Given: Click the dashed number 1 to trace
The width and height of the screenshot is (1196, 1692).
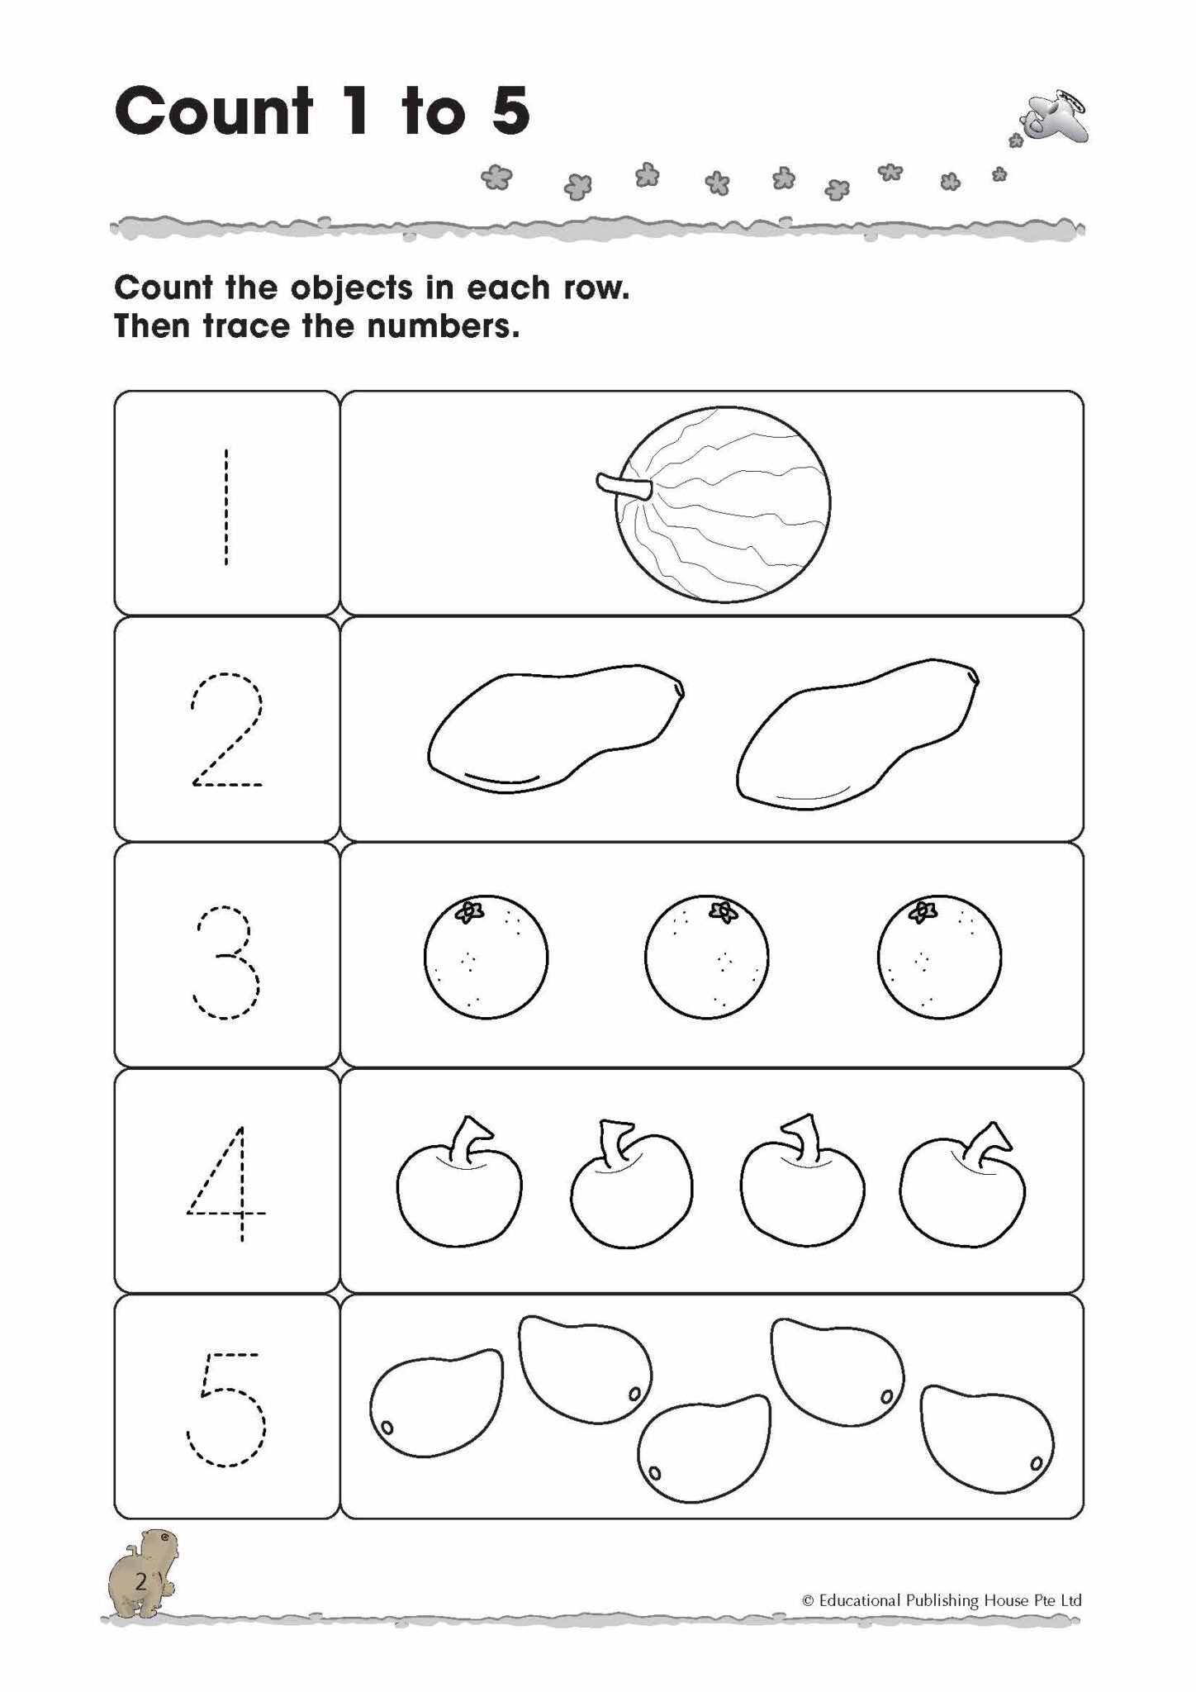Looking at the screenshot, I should click(225, 506).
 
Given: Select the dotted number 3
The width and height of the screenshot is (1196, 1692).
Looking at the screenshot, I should click(226, 962).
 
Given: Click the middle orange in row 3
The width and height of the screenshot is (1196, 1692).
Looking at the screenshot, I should click(706, 958).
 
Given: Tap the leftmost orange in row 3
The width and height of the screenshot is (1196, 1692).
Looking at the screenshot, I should click(486, 958).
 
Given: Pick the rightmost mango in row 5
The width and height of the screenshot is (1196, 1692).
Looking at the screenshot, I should click(987, 1438).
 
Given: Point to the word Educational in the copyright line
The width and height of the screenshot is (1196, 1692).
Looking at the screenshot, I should click(865, 1600).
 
